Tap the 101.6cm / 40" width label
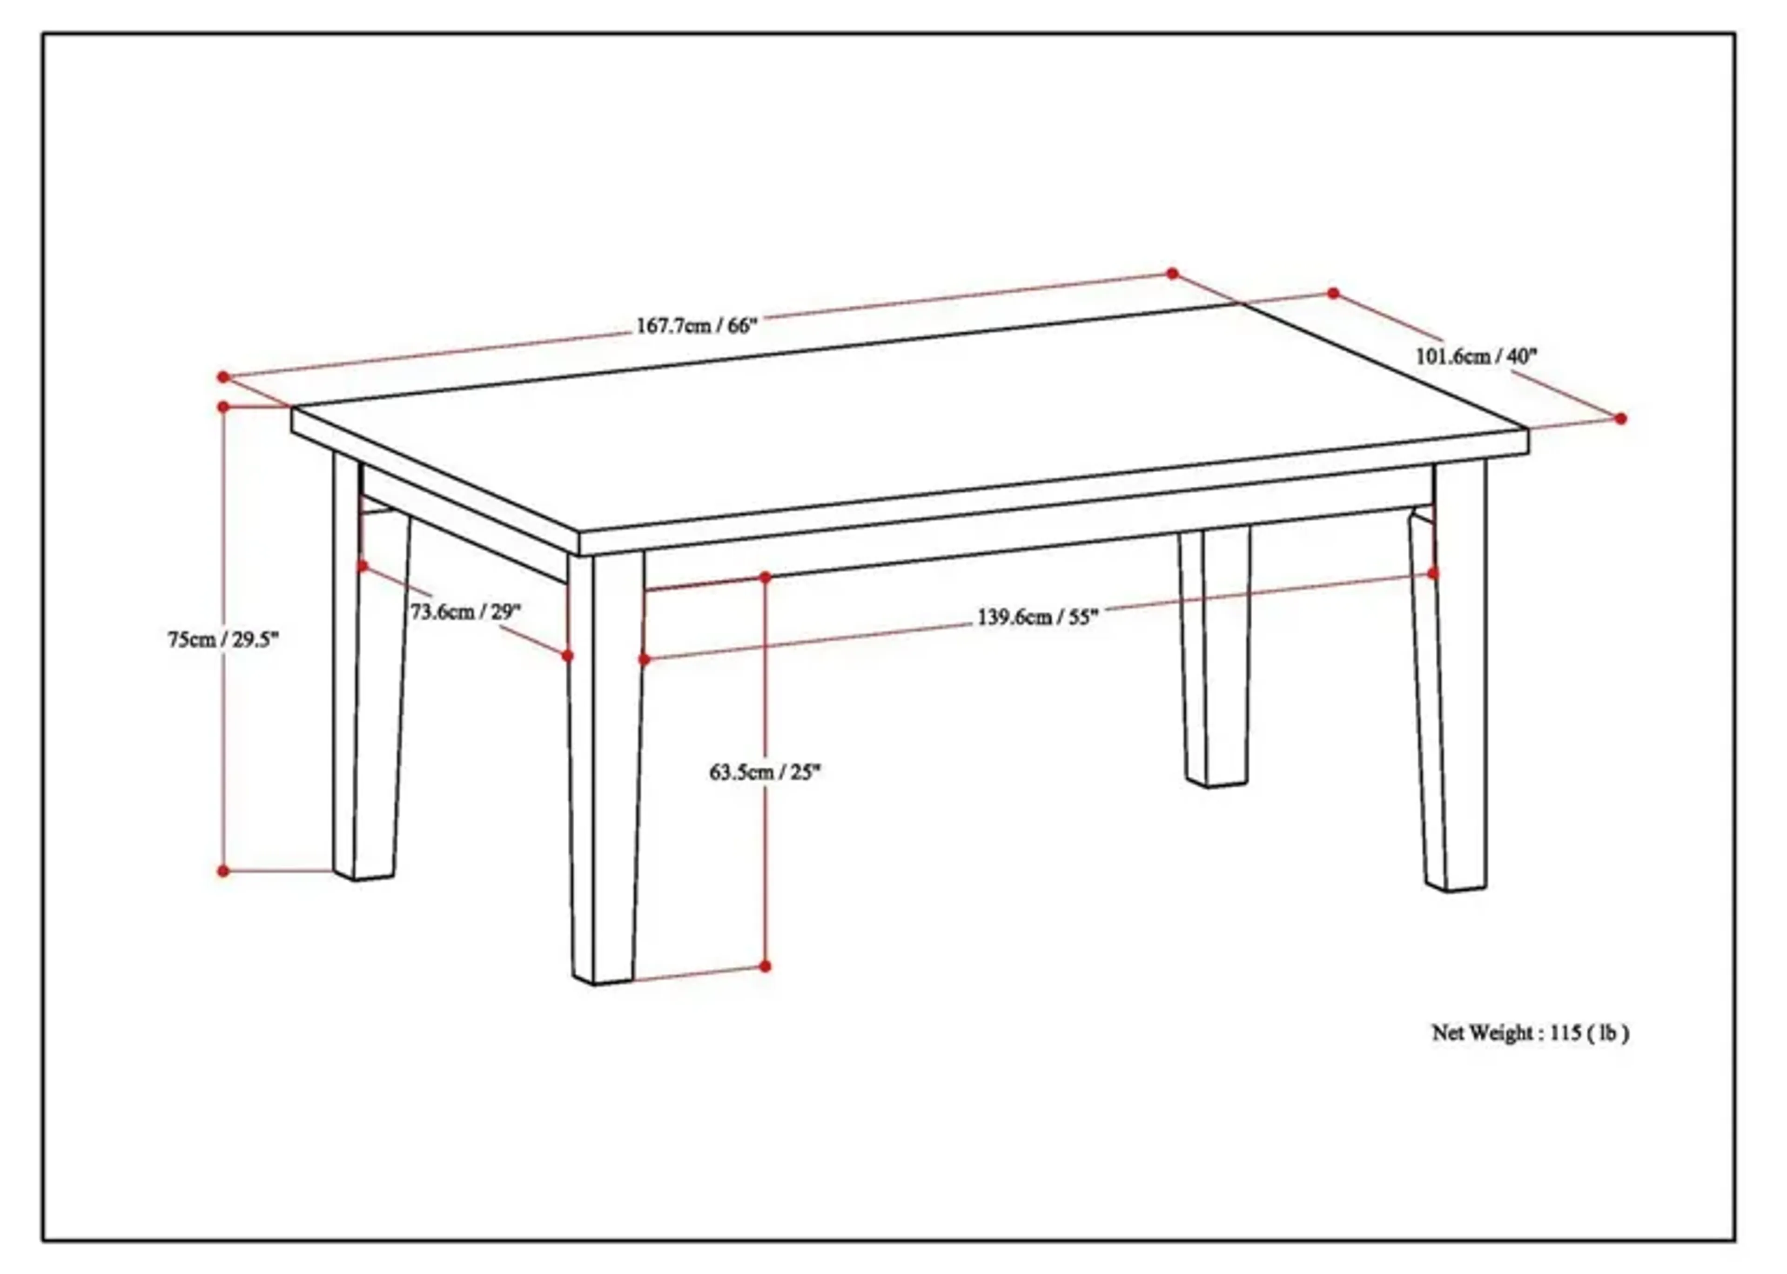point(1476,356)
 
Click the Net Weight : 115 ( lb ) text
point(1530,1033)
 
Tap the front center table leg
point(604,769)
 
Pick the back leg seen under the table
point(1214,659)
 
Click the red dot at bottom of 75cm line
point(223,871)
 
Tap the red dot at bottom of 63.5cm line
point(766,966)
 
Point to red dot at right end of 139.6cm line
point(1432,573)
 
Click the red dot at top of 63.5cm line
point(766,577)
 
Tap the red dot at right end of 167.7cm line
point(1172,273)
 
